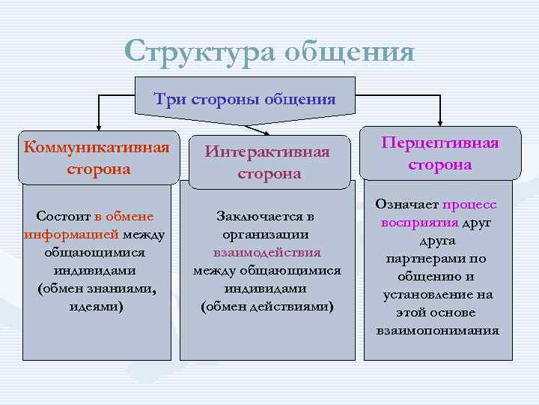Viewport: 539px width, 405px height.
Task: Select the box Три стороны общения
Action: point(245,98)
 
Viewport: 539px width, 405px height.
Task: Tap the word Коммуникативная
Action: point(97,145)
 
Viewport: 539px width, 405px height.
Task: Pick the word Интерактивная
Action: point(267,152)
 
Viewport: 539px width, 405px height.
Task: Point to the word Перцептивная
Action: point(439,143)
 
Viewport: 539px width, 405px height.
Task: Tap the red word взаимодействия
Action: point(267,253)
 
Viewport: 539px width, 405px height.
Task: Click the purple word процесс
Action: point(470,205)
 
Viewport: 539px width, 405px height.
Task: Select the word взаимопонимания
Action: point(438,331)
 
